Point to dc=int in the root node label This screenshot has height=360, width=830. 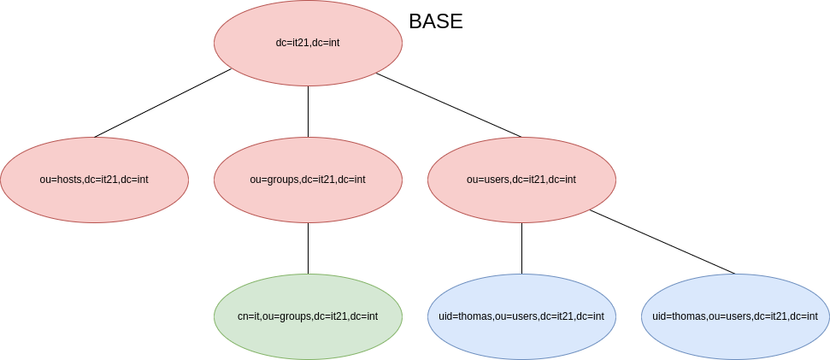[x=327, y=43]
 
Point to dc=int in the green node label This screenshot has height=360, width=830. [x=364, y=316]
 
